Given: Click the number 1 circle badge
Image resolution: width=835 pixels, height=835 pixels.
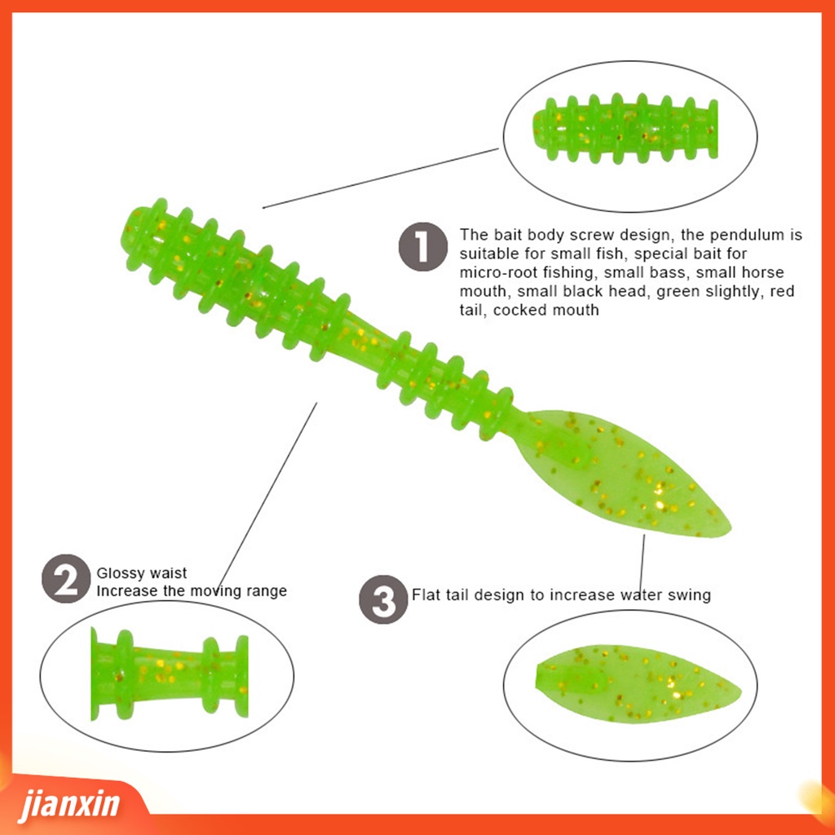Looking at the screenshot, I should (422, 247).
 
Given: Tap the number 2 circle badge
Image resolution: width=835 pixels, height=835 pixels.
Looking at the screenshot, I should (66, 579).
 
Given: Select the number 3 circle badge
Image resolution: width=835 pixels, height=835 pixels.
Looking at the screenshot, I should (383, 600).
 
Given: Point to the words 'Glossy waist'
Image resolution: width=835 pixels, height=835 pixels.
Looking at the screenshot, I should (142, 573).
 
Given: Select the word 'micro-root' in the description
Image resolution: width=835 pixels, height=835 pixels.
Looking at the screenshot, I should (497, 272).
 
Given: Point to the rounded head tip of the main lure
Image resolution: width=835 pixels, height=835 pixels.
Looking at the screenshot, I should (135, 227).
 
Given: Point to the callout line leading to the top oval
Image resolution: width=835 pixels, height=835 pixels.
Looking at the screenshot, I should (380, 179).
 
